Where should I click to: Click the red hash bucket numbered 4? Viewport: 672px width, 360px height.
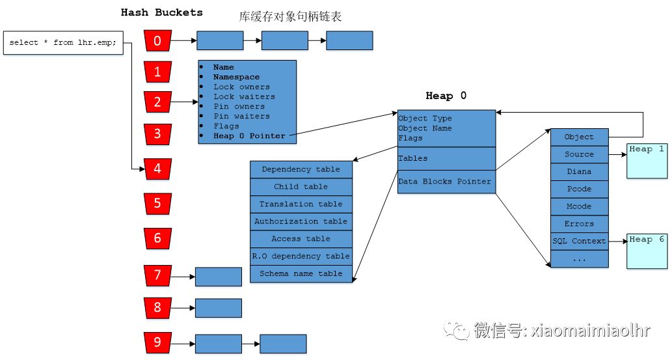pos(157,169)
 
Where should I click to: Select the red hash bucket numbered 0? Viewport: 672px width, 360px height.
pos(157,41)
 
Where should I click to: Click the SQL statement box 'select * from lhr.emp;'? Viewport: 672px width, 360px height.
pos(63,43)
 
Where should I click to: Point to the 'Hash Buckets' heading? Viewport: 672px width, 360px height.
pos(162,12)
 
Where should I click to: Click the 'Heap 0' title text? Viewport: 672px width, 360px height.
pos(446,96)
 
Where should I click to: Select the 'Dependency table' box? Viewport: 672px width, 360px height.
pos(301,169)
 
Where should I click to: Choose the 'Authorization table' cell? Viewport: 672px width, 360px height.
pos(301,221)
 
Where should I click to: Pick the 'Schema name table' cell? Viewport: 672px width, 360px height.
pos(301,273)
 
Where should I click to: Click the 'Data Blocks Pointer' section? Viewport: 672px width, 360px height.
pos(446,182)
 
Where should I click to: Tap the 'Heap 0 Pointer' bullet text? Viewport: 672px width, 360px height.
pos(250,136)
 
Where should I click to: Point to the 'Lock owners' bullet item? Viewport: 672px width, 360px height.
pos(241,87)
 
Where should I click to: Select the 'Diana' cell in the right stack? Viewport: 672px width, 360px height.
pos(579,171)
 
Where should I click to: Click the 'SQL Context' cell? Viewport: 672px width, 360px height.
pos(579,241)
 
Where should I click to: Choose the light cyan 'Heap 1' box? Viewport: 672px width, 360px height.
pos(647,160)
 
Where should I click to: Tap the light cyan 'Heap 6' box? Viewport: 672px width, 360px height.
pos(647,250)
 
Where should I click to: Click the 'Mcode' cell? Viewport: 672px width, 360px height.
pos(579,206)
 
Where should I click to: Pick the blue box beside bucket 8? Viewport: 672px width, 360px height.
pos(218,308)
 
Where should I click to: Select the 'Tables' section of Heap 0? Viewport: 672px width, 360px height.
pos(446,158)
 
